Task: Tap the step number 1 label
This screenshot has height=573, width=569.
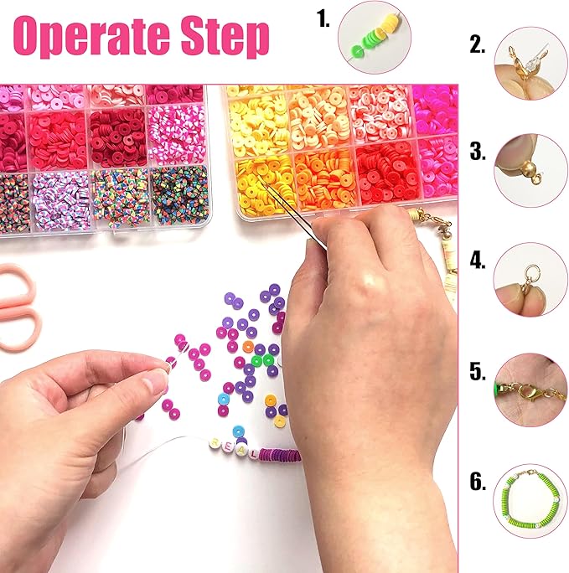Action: [x=323, y=18]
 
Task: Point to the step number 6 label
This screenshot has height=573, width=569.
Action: [x=478, y=481]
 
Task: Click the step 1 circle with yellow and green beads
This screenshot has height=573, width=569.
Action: [x=375, y=38]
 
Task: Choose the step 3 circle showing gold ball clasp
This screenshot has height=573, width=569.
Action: [x=530, y=171]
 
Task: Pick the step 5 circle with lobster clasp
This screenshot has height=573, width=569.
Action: [x=530, y=390]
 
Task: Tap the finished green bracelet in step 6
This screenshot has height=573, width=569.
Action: [x=530, y=501]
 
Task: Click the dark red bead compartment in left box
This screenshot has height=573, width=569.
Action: [x=117, y=137]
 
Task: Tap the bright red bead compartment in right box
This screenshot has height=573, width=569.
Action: [x=387, y=173]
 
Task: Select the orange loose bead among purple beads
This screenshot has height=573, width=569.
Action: [x=248, y=346]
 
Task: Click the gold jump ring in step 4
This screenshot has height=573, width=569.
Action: [x=530, y=272]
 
